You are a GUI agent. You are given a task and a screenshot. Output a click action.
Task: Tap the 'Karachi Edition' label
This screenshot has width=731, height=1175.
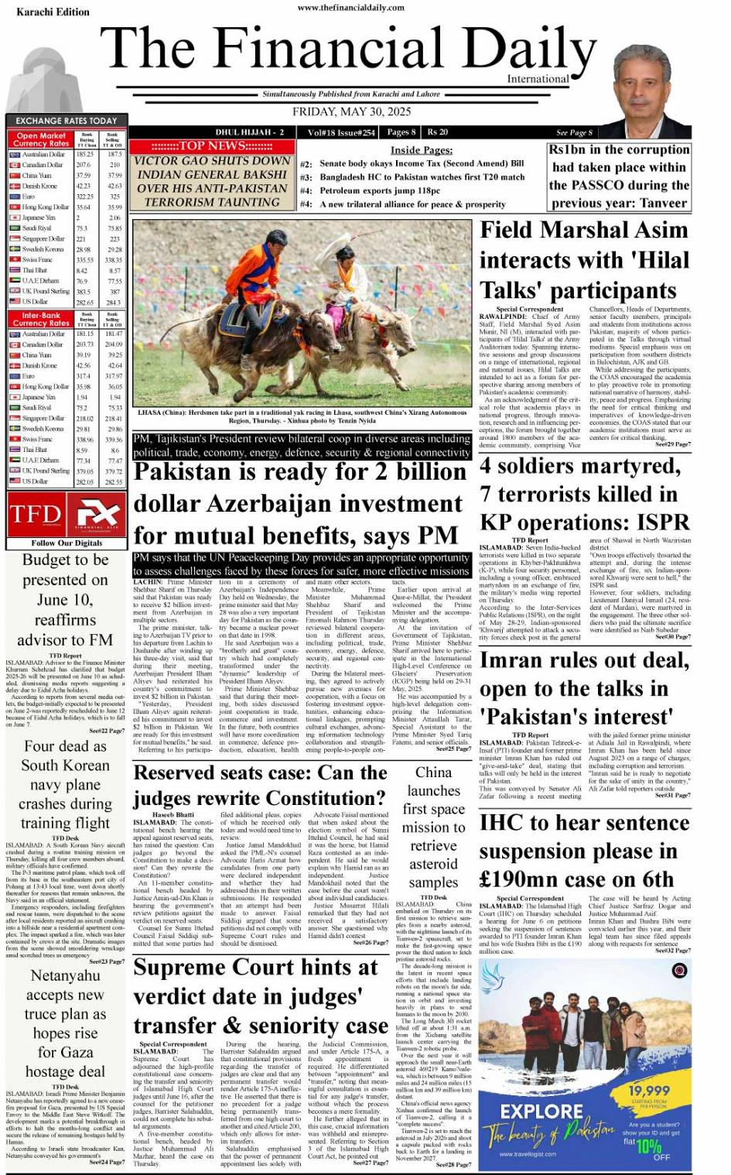pyautogui.click(x=53, y=12)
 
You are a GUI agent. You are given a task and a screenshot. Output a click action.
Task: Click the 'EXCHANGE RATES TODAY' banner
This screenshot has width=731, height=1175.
pyautogui.click(x=67, y=121)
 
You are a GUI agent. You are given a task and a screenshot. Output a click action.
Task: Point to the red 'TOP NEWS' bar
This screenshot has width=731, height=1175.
pyautogui.click(x=211, y=146)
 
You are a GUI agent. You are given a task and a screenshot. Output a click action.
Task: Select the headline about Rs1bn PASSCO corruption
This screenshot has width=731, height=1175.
pyautogui.click(x=619, y=176)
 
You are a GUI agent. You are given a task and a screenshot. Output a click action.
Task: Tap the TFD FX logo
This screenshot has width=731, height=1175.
pyautogui.click(x=65, y=515)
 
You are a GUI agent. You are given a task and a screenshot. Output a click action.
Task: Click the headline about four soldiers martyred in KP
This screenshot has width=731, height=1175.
pyautogui.click(x=583, y=494)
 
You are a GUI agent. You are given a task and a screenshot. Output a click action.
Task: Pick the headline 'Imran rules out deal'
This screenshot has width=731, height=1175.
pyautogui.click(x=583, y=688)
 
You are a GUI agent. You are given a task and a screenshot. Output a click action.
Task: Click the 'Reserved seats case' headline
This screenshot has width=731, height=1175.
pyautogui.click(x=260, y=785)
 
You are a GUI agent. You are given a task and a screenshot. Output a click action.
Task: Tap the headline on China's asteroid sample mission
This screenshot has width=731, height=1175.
pyautogui.click(x=433, y=827)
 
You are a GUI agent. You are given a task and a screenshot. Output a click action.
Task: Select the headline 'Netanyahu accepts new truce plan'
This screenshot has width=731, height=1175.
pyautogui.click(x=65, y=1023)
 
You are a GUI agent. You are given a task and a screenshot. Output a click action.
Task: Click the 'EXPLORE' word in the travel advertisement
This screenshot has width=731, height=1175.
pyautogui.click(x=541, y=1112)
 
